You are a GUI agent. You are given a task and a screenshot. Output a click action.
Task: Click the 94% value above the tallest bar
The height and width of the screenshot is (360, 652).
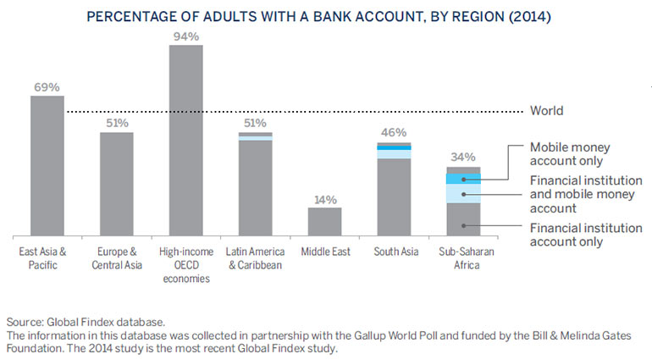coord(185,36)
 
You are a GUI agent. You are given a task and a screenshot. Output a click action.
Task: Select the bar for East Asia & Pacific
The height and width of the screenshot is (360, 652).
coord(47,165)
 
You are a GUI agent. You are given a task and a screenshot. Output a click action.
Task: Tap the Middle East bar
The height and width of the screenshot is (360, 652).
coord(324,221)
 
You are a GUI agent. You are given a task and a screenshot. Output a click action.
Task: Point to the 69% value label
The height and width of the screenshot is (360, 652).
coord(47,87)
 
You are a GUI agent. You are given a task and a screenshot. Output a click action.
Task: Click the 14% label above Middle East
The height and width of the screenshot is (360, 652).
coord(324,200)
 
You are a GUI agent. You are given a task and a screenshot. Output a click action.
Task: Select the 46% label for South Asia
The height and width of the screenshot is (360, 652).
coord(394,133)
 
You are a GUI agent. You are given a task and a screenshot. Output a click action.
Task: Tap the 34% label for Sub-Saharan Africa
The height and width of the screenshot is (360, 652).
coord(463,157)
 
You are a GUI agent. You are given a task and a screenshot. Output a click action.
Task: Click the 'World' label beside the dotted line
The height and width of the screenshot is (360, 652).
coord(546,111)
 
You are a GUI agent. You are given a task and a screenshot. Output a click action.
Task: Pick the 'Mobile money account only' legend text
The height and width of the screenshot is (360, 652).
coord(570,153)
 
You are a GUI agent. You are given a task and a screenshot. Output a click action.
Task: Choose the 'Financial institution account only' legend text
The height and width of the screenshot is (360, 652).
coord(578,235)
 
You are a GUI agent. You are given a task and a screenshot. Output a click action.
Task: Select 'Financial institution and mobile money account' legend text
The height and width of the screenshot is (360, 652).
coord(582,194)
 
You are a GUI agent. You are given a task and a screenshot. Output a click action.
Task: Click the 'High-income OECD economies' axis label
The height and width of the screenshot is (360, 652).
coord(185,265)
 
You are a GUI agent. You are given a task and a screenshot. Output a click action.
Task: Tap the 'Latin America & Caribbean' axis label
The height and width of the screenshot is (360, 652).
coord(255,258)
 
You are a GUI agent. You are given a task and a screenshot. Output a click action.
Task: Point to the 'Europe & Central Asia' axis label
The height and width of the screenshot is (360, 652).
coord(117,258)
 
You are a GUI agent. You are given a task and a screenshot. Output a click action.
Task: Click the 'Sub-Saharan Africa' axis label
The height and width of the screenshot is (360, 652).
coord(463,258)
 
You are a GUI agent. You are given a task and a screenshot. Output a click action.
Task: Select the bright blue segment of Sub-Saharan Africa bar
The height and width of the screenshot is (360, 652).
coord(463,179)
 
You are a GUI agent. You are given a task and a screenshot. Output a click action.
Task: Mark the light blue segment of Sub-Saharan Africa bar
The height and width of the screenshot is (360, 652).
coord(463,194)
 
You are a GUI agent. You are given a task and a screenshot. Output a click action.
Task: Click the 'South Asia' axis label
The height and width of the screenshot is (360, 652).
coord(394,252)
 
